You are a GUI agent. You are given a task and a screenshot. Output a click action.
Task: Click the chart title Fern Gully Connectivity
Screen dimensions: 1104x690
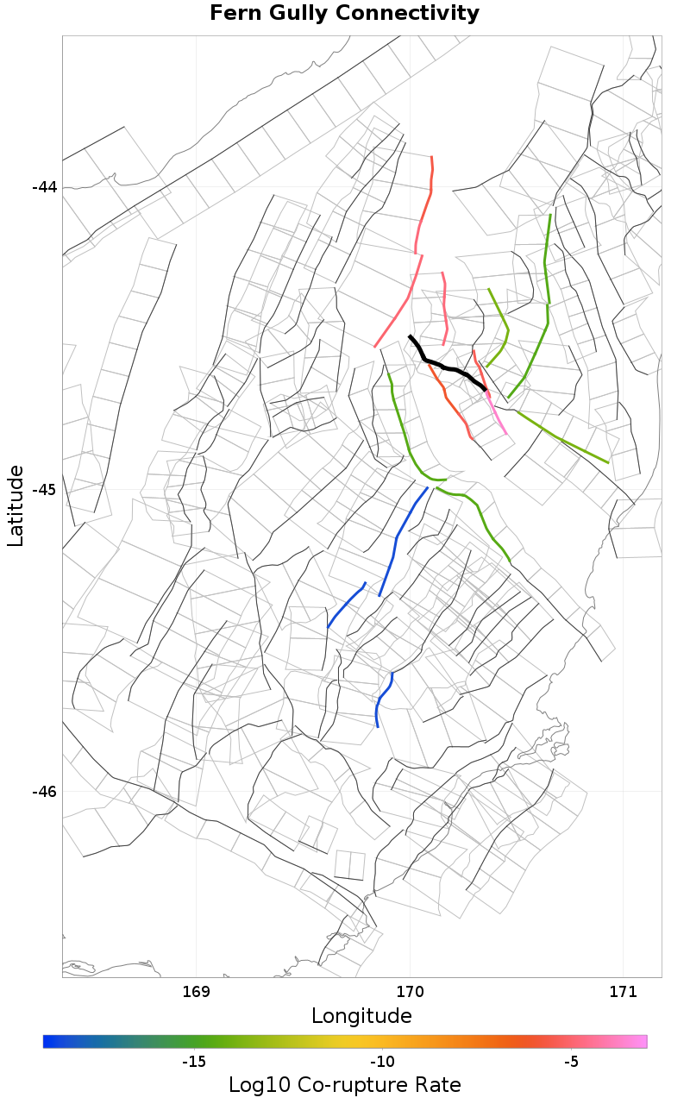344,14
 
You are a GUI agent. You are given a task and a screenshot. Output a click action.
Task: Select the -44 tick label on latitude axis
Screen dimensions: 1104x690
44,187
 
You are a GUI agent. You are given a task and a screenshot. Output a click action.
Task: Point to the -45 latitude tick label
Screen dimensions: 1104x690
44,490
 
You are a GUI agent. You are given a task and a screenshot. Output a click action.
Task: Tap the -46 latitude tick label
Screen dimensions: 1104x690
44,792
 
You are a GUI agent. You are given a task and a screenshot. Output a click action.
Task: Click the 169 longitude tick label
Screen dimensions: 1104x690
198,991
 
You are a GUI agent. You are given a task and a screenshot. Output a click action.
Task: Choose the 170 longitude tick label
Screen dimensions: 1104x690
410,991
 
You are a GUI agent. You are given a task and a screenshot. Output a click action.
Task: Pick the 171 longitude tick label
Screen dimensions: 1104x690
622,991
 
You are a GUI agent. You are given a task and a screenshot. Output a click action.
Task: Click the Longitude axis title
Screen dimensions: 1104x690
361,1016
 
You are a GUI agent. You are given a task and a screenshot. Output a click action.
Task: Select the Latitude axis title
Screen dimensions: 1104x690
16,505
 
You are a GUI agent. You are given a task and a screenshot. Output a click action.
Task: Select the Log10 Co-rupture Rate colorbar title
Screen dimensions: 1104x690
344,1085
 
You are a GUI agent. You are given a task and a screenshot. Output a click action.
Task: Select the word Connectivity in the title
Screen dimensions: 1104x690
408,14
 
